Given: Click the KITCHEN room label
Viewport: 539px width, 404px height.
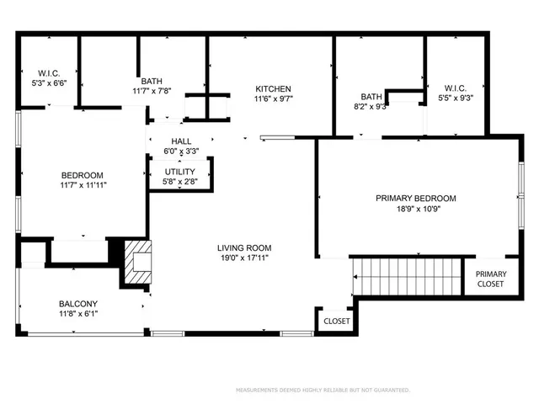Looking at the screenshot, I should (x=274, y=88).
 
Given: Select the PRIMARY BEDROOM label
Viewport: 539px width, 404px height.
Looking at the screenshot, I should (x=415, y=199).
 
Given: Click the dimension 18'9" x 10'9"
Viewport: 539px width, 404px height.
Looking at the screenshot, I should (x=415, y=209).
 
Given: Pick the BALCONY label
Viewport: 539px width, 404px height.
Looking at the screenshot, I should (x=78, y=304).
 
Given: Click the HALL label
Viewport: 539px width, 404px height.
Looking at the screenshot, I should (x=181, y=141).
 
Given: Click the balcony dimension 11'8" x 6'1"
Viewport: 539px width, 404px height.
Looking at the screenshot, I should (x=78, y=314).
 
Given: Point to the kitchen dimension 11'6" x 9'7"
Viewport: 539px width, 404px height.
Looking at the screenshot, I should (x=274, y=98).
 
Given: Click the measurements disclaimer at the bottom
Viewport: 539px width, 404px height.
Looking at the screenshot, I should (x=322, y=391).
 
